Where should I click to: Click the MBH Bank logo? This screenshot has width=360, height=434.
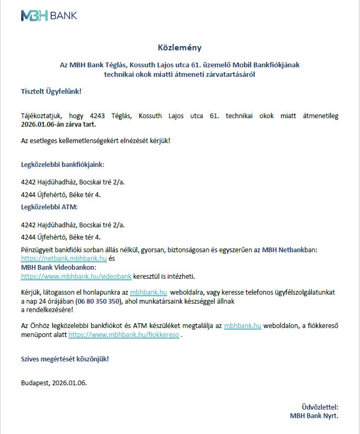pyautogui.click(x=49, y=15)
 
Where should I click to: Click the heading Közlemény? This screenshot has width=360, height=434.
pyautogui.click(x=179, y=47)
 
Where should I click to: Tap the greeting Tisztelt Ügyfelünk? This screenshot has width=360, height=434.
pyautogui.click(x=51, y=91)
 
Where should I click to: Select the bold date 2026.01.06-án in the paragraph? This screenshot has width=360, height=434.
pyautogui.click(x=41, y=125)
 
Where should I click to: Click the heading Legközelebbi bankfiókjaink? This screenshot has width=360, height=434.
pyautogui.click(x=62, y=164)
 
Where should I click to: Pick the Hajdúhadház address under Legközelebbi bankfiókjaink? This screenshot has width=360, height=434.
pyautogui.click(x=73, y=182)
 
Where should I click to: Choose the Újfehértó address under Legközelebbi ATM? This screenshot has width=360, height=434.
pyautogui.click(x=61, y=237)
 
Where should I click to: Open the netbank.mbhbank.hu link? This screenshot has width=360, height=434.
pyautogui.click(x=64, y=259)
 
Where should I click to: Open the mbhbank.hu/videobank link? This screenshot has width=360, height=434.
pyautogui.click(x=76, y=277)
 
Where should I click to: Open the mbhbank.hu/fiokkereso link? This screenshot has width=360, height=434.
pyautogui.click(x=124, y=335)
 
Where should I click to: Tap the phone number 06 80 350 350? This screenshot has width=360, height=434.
pyautogui.click(x=98, y=301)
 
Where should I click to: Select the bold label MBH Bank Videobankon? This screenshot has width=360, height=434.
pyautogui.click(x=59, y=268)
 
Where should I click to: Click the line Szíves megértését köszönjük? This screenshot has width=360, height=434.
pyautogui.click(x=65, y=359)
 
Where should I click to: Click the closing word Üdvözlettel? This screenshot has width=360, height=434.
pyautogui.click(x=319, y=407)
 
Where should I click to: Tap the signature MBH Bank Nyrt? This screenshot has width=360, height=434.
pyautogui.click(x=314, y=415)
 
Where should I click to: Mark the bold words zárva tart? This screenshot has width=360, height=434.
pyautogui.click(x=79, y=125)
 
